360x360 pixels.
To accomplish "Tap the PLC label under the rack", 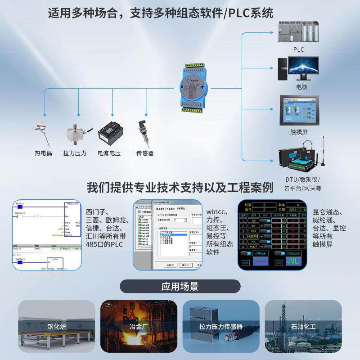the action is click(x=298, y=49).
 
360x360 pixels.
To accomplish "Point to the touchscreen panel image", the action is click(x=298, y=110).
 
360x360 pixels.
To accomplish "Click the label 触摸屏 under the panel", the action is click(x=299, y=132).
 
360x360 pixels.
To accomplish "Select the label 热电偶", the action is click(x=43, y=153).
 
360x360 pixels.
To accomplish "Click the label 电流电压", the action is click(x=109, y=153).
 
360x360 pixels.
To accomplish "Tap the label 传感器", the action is click(x=145, y=153).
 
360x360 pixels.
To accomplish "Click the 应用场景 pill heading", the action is click(x=180, y=287).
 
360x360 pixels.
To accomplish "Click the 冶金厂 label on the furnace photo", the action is click(x=139, y=326).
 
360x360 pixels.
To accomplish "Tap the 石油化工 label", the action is click(x=303, y=326).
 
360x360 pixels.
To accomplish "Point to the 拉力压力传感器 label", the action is click(x=221, y=326).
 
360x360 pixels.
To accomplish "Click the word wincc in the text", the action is click(x=218, y=211).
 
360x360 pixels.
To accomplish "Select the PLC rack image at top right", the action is click(x=298, y=31).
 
